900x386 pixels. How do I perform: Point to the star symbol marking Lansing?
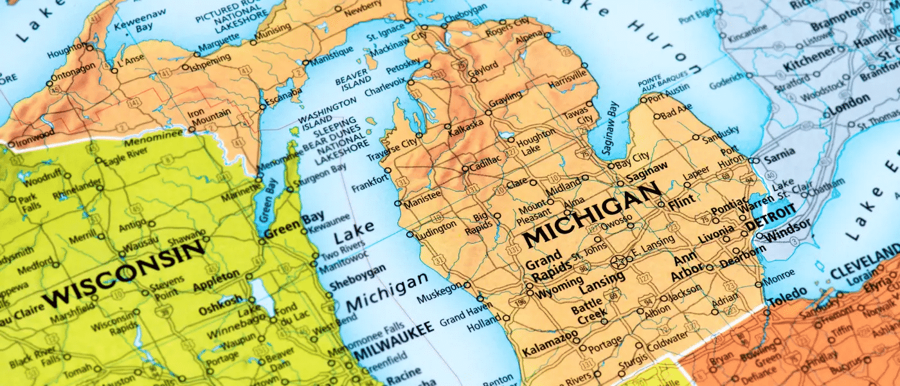[619, 262]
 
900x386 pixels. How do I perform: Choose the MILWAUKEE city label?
[392, 340]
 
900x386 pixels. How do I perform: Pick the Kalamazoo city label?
[548, 349]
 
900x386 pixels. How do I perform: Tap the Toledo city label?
[788, 300]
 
